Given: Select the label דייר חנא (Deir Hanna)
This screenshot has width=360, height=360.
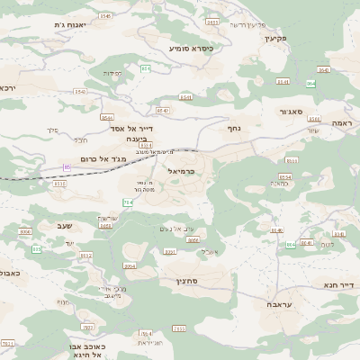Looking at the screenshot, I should pyautogui.click(x=339, y=285).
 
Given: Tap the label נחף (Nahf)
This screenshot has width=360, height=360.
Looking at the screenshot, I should pyautogui.click(x=234, y=129).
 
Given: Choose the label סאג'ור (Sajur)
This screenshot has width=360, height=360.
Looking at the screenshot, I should pyautogui.click(x=296, y=112).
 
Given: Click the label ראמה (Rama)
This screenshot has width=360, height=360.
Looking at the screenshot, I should pyautogui.click(x=341, y=121).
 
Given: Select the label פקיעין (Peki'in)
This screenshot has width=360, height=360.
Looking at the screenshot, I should pyautogui.click(x=275, y=38).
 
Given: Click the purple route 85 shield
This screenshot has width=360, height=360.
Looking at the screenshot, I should pyautogui.click(x=67, y=167).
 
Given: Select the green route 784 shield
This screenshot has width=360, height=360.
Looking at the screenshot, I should pyautogui.click(x=128, y=202).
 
